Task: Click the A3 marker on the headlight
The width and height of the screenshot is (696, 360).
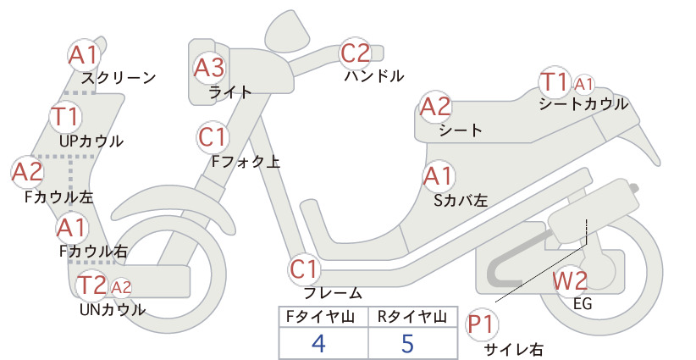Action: pos(209,68)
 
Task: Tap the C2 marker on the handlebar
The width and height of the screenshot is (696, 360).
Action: pos(355,53)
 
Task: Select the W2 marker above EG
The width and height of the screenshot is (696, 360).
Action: pos(570,280)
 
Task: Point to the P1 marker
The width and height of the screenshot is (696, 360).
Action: pos(481,324)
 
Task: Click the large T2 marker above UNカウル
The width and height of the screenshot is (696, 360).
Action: pos(91,285)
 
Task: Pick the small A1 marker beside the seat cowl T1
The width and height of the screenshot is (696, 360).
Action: pos(583,84)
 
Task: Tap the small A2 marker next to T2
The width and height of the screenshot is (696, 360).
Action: pos(121,287)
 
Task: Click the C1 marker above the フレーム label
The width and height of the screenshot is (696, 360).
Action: pos(304,269)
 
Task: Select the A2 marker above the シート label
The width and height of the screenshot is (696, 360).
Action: pos(435,107)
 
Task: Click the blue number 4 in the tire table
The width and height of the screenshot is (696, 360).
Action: pos(318,343)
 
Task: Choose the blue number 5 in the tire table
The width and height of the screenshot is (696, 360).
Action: pos(407,343)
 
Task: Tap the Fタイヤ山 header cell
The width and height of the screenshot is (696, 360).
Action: pos(323,317)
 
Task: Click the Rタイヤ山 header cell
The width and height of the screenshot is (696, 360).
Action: pos(413,317)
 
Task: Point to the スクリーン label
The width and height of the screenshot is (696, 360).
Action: pos(119,78)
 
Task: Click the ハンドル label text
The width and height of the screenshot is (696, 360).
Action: pos(374,76)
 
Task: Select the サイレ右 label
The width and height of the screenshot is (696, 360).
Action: pos(513,350)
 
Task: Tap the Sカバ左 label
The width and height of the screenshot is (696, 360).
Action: pos(461,201)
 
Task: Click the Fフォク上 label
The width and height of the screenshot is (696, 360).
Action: pos(246,161)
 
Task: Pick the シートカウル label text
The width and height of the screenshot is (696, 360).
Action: pos(583,104)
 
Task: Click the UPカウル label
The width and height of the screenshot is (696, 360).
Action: pos(91,141)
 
